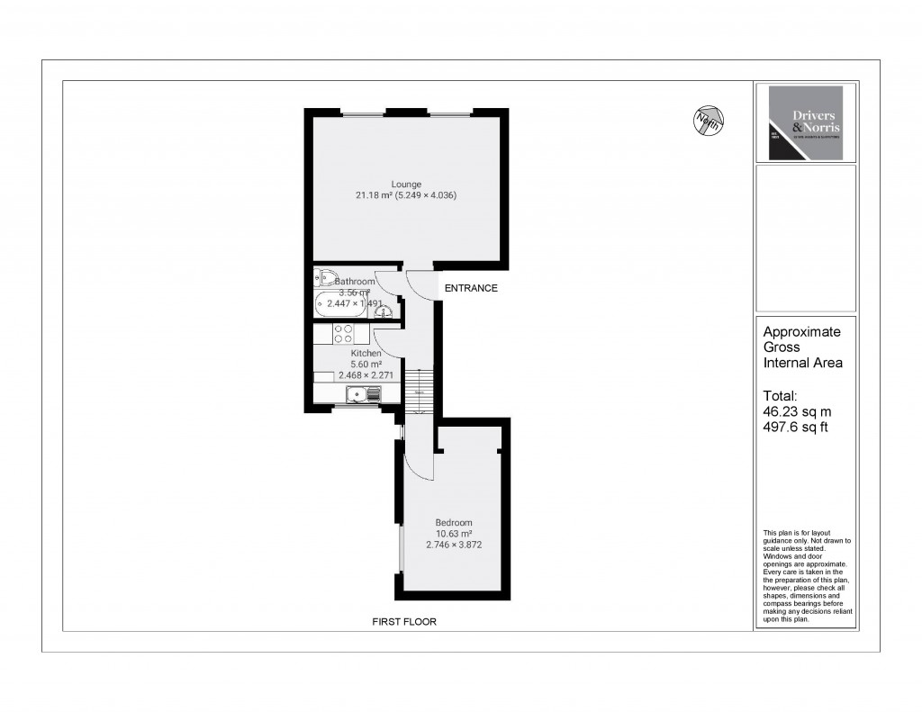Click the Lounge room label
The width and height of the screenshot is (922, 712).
coord(405,185)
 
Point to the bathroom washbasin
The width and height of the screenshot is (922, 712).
coord(384,311)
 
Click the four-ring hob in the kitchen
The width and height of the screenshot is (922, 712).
coord(343,334)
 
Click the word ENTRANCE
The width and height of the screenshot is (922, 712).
coord(468,288)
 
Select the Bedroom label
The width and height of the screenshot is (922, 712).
coord(453,523)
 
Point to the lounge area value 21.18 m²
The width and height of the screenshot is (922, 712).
coord(377,195)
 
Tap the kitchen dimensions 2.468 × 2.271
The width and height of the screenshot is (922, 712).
coord(365,374)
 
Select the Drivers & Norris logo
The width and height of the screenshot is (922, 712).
coord(800,123)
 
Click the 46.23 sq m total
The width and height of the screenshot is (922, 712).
coord(791,411)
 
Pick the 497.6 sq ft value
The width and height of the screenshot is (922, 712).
coord(794,427)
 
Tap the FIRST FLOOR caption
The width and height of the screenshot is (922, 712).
coord(404,622)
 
